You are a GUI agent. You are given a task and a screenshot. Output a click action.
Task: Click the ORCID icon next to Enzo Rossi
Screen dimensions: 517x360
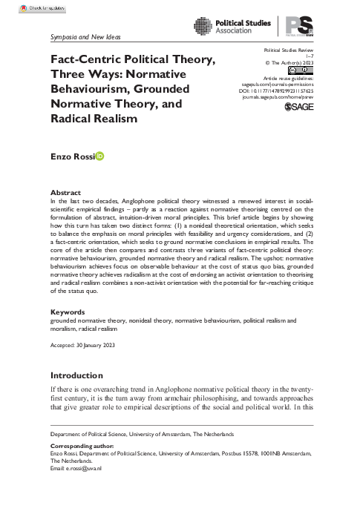100,157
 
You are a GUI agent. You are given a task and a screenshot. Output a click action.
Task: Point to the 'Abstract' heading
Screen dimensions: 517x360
65,192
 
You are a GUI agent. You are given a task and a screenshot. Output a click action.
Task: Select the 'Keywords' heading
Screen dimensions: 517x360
68,333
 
